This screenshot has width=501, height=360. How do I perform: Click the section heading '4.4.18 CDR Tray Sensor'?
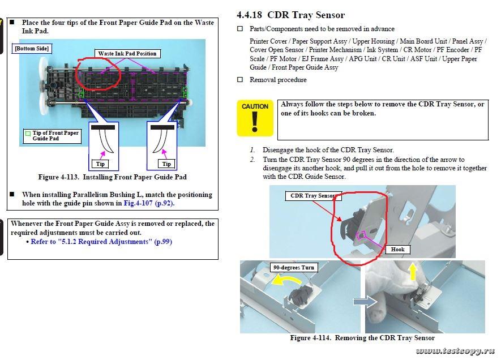[290, 15]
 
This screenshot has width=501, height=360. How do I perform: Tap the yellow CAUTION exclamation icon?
[255, 118]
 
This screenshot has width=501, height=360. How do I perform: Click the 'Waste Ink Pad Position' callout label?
[127, 54]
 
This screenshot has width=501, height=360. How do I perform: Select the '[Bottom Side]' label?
[32, 49]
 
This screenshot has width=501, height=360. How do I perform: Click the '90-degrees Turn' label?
[294, 267]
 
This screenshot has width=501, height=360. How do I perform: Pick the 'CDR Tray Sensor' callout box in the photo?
[313, 196]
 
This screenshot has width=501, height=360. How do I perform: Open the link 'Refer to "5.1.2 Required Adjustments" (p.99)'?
[101, 242]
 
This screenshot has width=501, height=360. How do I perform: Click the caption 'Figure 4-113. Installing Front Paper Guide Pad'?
[112, 177]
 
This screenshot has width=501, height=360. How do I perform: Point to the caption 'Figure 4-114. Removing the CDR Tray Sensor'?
[362, 338]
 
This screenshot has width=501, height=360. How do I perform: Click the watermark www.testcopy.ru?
[455, 352]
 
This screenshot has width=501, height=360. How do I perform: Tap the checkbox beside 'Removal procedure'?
[240, 80]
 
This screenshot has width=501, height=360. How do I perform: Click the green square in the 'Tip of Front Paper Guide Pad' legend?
[28, 134]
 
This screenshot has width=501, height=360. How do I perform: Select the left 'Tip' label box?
[100, 164]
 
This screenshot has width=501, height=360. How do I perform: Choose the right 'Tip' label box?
[166, 164]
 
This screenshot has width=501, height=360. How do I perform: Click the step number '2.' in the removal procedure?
[252, 160]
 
